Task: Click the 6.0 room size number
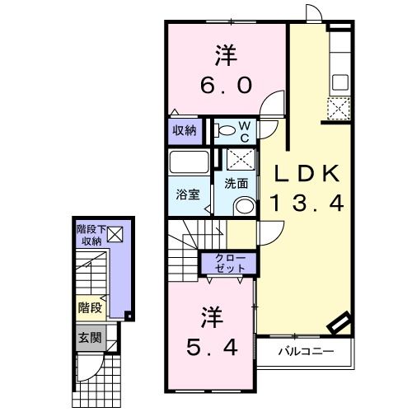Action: pyautogui.click(x=224, y=85)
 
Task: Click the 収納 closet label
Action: pyautogui.click(x=185, y=129)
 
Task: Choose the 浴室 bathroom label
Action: pyautogui.click(x=188, y=195)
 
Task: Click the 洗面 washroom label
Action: pyautogui.click(x=236, y=184)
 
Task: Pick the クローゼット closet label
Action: pyautogui.click(x=230, y=264)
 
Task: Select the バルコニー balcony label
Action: pyautogui.click(x=305, y=353)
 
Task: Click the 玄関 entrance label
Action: pyautogui.click(x=89, y=337)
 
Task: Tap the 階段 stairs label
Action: pyautogui.click(x=90, y=307)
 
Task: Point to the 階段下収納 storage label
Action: pyautogui.click(x=90, y=235)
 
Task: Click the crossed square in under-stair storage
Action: pyautogui.click(x=115, y=236)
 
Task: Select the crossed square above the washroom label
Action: pyautogui.click(x=240, y=160)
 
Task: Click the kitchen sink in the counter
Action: pyautogui.click(x=339, y=83)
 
